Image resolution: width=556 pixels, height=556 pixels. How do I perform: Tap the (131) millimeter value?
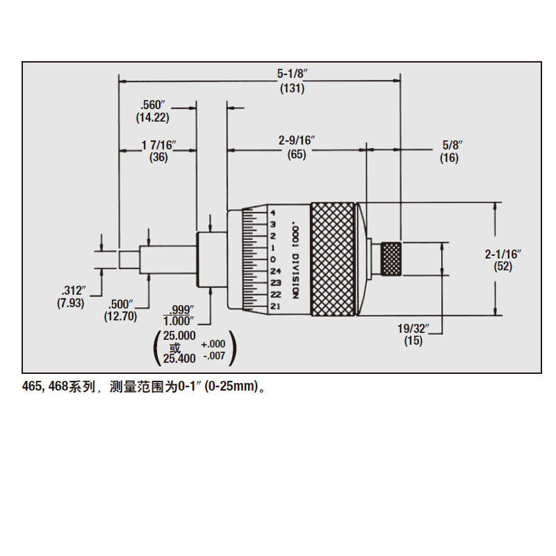(x=292, y=89)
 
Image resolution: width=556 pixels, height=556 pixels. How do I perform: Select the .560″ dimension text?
(x=152, y=105)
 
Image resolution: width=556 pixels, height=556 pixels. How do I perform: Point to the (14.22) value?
(x=152, y=118)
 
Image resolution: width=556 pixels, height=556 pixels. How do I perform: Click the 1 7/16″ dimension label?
(x=158, y=145)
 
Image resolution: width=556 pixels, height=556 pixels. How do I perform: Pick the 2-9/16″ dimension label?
(x=297, y=141)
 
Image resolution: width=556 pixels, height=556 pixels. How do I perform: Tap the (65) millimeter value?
(x=297, y=155)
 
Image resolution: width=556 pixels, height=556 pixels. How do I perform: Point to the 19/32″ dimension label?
(x=413, y=328)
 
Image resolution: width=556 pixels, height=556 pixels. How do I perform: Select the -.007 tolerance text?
(x=213, y=356)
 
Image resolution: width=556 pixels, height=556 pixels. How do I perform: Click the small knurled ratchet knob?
(x=391, y=258)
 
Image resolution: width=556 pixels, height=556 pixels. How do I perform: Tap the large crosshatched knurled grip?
(x=334, y=258)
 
